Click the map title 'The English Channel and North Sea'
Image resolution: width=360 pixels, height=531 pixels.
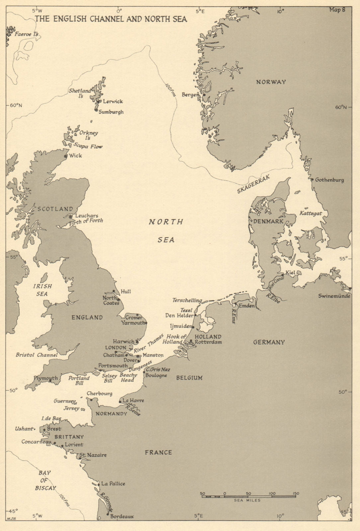coord(111,19)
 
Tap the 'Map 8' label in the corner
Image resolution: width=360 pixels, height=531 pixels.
coord(337,10)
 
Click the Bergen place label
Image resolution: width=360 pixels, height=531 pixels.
coord(190,95)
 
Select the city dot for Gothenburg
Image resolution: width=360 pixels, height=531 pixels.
coord(312,180)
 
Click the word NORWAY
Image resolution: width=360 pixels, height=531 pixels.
coord(271,82)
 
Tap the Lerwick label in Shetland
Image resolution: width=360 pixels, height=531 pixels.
coord(113,102)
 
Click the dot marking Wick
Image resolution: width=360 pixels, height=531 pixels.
coord(66,156)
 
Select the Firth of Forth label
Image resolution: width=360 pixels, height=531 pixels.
coord(87,221)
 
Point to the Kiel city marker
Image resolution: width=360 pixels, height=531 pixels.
coord(283,275)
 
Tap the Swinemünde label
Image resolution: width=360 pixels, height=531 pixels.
coord(334,296)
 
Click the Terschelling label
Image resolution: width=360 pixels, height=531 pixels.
coord(187,300)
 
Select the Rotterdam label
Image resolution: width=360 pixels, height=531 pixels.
coord(208,342)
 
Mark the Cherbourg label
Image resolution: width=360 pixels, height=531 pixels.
coord(99,394)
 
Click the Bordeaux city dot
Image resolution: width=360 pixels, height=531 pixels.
coord(108,514)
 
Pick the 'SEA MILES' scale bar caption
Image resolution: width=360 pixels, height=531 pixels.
coord(247,500)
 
